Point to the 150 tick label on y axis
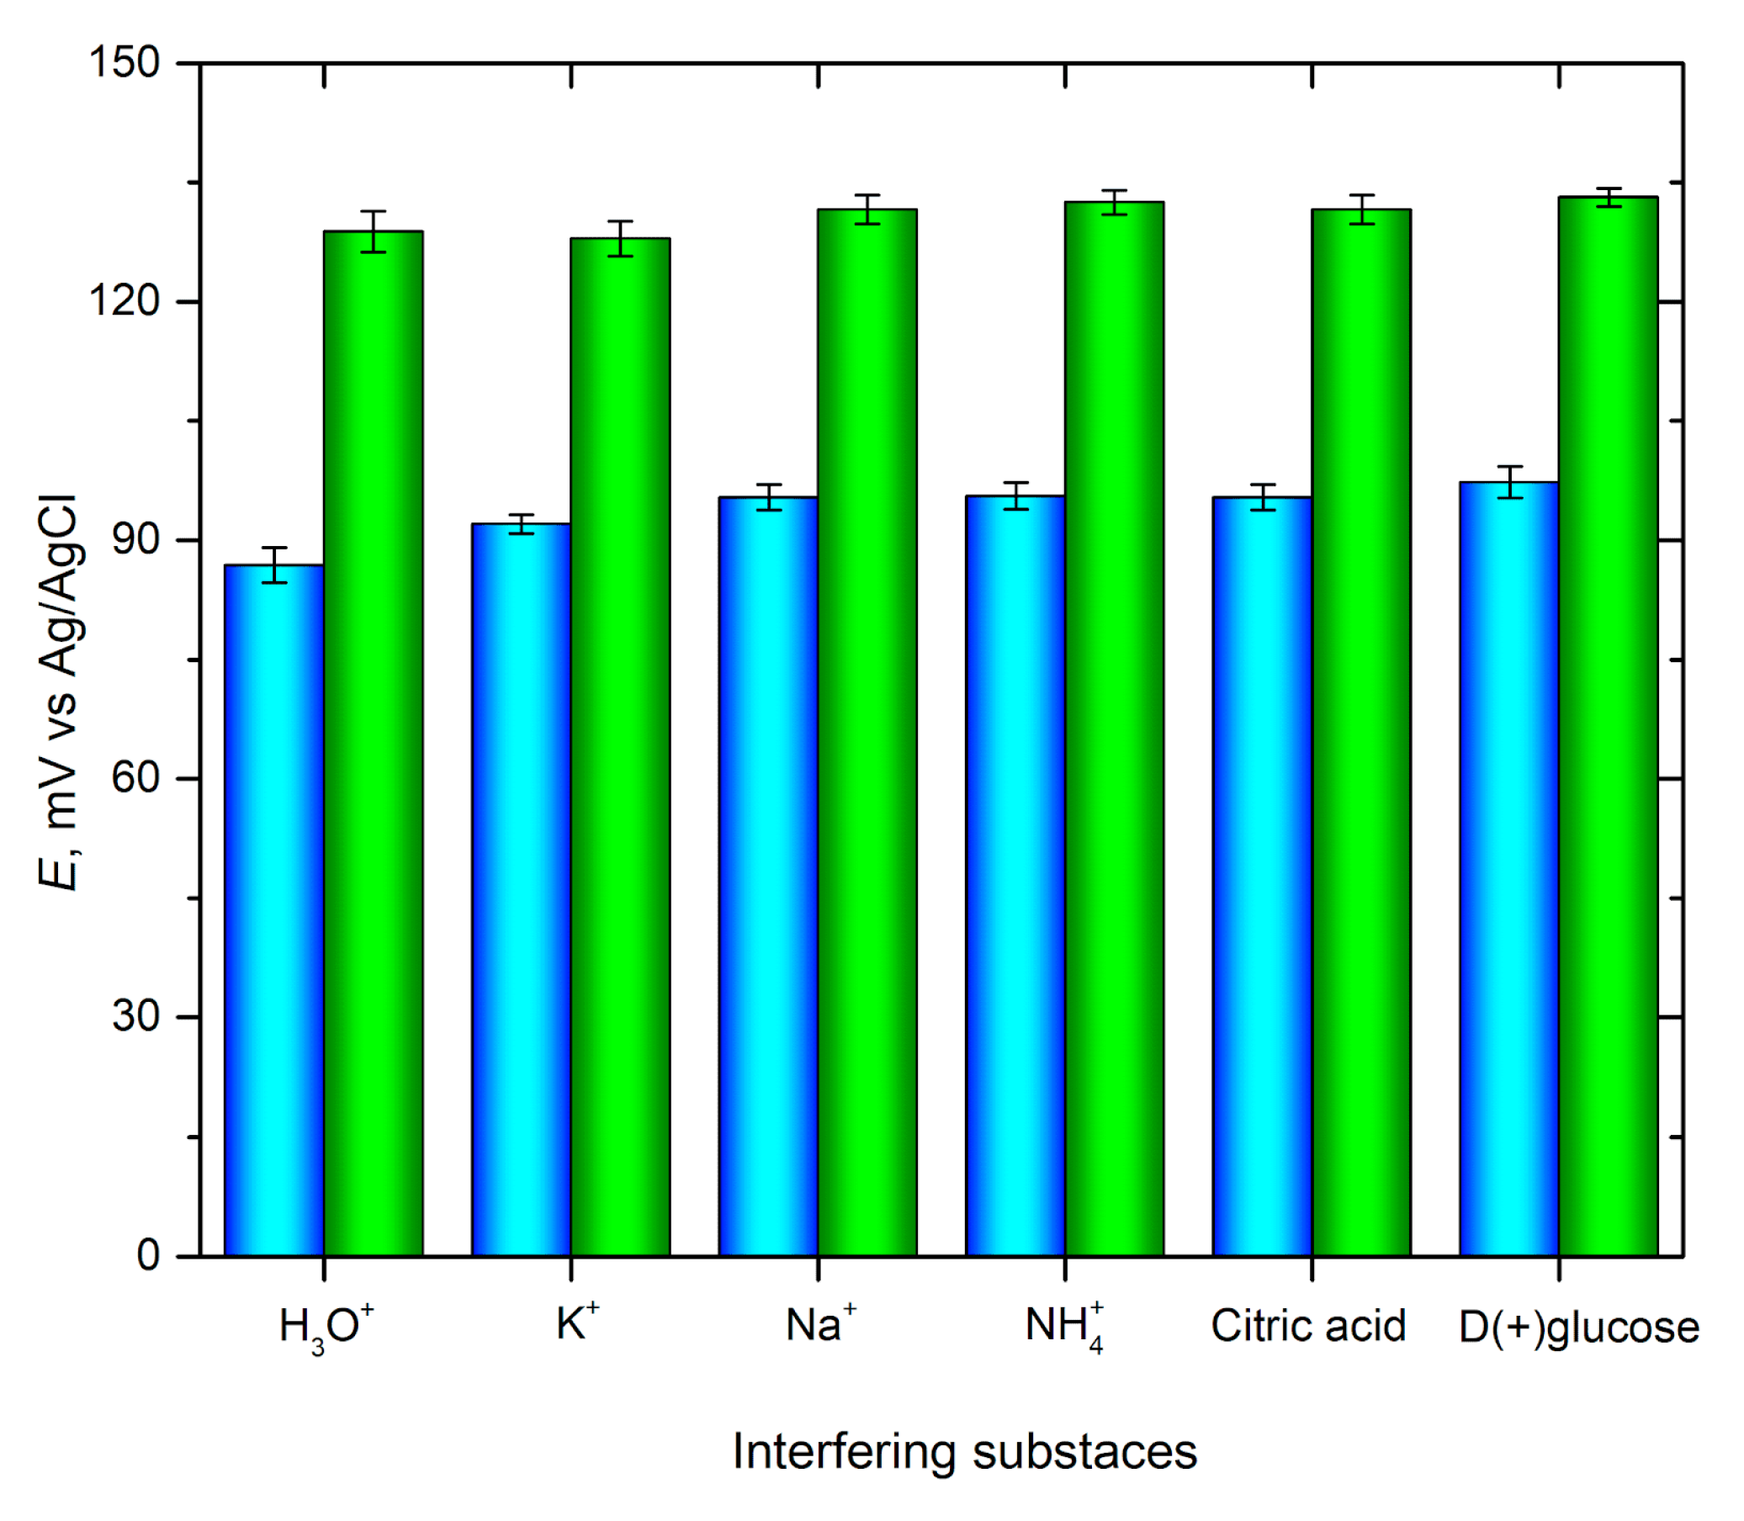[125, 63]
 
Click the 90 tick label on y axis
[135, 540]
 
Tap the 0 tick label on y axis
[149, 1255]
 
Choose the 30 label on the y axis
[135, 1016]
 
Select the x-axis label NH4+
[1064, 1327]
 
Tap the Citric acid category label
[1307, 1326]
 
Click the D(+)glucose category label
[1578, 1328]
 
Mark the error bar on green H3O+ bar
[374, 231]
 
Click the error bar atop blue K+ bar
[521, 524]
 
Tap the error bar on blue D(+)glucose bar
[1509, 482]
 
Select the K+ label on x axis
[577, 1323]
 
